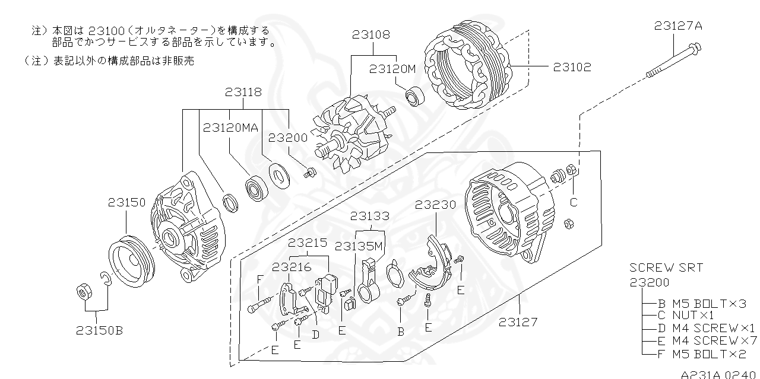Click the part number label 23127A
coord(679,26)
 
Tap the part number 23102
coord(572,67)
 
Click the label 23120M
coord(392,68)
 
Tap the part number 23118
coord(243,93)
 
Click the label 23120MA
coord(230,127)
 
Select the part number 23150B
coord(99,330)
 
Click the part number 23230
coord(435,205)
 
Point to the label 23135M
coord(358,245)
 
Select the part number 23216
coord(292,267)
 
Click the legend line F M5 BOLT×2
coord(701,354)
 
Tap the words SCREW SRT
coord(666,267)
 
